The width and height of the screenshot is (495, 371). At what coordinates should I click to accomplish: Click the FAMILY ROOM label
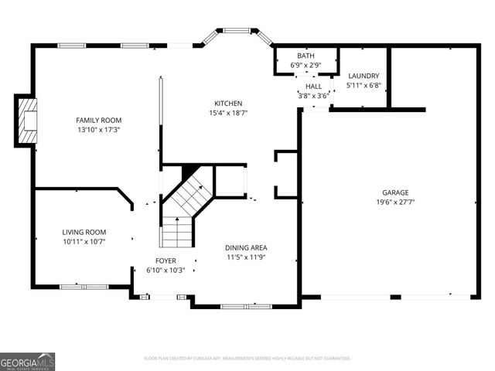click(x=98, y=120)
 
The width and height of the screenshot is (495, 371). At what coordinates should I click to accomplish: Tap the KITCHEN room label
click(x=228, y=104)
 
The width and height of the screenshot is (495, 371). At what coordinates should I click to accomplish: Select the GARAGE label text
click(x=394, y=192)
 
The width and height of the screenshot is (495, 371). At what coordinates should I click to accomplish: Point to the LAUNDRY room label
click(x=364, y=76)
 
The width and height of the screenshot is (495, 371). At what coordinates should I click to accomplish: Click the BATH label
click(x=306, y=56)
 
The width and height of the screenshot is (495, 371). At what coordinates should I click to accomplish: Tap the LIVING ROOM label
click(x=84, y=232)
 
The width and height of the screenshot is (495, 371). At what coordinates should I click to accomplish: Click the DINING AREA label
click(x=247, y=247)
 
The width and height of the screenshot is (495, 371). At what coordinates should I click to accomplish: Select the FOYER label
click(x=166, y=260)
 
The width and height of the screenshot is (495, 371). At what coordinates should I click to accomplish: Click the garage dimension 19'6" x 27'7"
click(x=394, y=203)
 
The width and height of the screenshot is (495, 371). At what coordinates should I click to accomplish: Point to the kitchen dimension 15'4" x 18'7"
click(x=228, y=114)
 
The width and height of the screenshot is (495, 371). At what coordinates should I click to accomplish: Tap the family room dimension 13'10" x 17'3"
click(x=98, y=131)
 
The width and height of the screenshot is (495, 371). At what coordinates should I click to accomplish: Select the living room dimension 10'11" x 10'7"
click(x=84, y=242)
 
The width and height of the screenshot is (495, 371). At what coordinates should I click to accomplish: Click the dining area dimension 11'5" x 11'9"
click(x=247, y=257)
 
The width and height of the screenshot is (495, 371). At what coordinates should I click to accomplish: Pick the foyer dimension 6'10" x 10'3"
click(x=166, y=271)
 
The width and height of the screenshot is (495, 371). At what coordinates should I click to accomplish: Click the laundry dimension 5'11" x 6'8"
click(x=364, y=86)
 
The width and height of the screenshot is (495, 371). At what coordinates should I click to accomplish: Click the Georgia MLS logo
click(x=28, y=361)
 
